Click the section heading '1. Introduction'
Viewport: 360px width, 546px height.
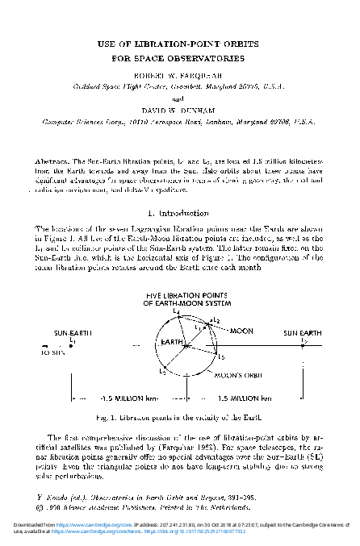click(x=180, y=214)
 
